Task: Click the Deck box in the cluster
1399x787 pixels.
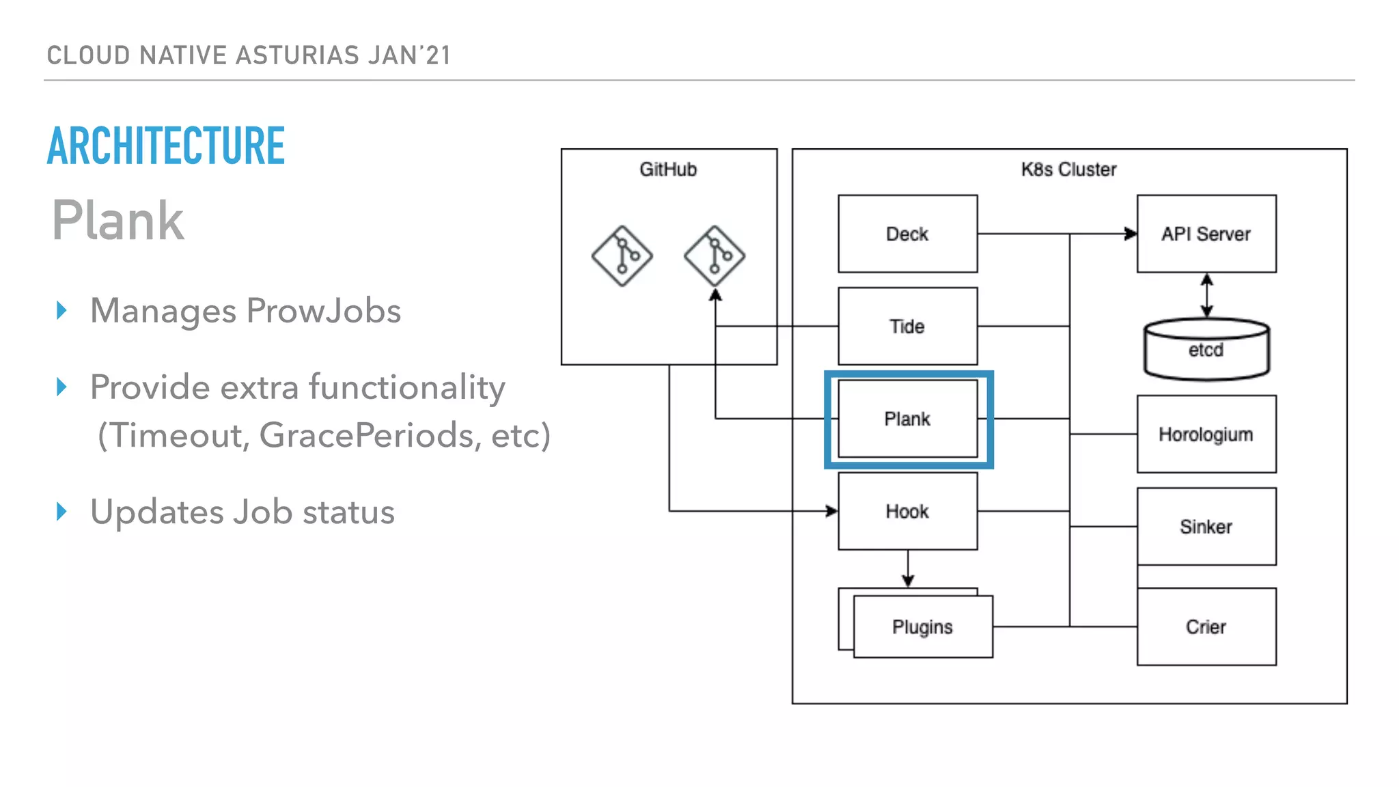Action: (907, 234)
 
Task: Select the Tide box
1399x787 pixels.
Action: (907, 326)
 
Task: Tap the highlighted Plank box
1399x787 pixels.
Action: (907, 419)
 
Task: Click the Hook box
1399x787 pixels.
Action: (907, 511)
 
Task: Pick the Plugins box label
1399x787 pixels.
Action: (922, 626)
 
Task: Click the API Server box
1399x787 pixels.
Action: (1206, 234)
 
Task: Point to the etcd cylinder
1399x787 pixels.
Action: (1206, 350)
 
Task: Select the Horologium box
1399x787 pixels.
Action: (1206, 434)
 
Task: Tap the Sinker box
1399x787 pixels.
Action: (1206, 526)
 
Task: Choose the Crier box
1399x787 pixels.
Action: (1206, 626)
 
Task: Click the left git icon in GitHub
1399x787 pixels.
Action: (622, 256)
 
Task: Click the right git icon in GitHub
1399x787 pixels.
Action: (715, 256)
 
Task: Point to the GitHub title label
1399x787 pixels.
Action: (668, 169)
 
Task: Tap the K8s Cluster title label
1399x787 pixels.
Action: (1068, 169)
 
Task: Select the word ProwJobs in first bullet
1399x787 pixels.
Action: (323, 311)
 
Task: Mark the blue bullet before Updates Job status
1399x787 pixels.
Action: (61, 511)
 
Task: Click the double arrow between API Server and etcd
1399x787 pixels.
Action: (1207, 295)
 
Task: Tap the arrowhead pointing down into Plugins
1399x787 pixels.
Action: (908, 581)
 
